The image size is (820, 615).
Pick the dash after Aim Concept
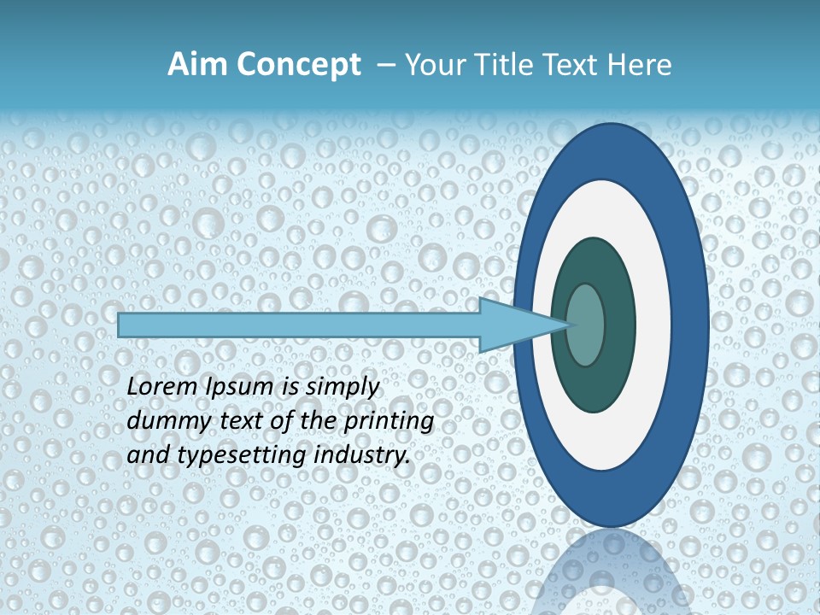(x=384, y=66)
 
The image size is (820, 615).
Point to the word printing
(x=390, y=422)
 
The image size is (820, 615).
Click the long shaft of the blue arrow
(x=299, y=325)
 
